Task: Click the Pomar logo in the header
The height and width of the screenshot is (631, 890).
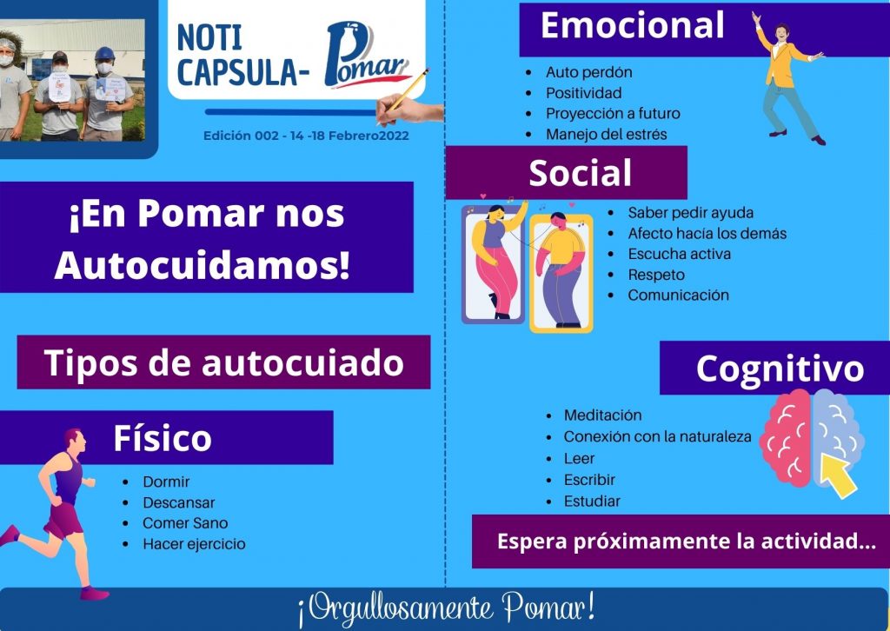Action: click(x=368, y=55)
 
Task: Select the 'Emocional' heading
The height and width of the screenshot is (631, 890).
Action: click(x=633, y=25)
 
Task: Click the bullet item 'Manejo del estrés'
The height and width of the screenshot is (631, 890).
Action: click(x=606, y=135)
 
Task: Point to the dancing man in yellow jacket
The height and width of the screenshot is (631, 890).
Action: click(x=789, y=78)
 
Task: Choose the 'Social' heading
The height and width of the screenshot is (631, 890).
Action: click(x=580, y=172)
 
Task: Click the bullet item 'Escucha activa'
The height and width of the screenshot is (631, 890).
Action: click(x=679, y=254)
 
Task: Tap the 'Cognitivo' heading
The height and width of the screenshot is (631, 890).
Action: click(x=780, y=369)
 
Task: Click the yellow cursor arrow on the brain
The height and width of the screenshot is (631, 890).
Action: click(x=839, y=475)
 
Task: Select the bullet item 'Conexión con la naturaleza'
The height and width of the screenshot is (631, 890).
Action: click(x=657, y=437)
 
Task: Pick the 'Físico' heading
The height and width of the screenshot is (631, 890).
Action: click(x=163, y=438)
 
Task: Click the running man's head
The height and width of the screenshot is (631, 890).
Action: click(x=75, y=441)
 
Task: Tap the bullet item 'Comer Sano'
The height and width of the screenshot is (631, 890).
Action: click(x=185, y=523)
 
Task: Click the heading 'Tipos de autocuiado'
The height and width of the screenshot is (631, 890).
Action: click(x=223, y=362)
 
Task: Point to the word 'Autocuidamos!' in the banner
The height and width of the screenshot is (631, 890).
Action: click(x=203, y=265)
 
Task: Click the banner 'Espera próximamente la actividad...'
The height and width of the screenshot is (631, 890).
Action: click(x=687, y=541)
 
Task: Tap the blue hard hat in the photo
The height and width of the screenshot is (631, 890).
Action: click(x=104, y=53)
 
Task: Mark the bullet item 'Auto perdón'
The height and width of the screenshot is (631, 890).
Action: click(x=588, y=73)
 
